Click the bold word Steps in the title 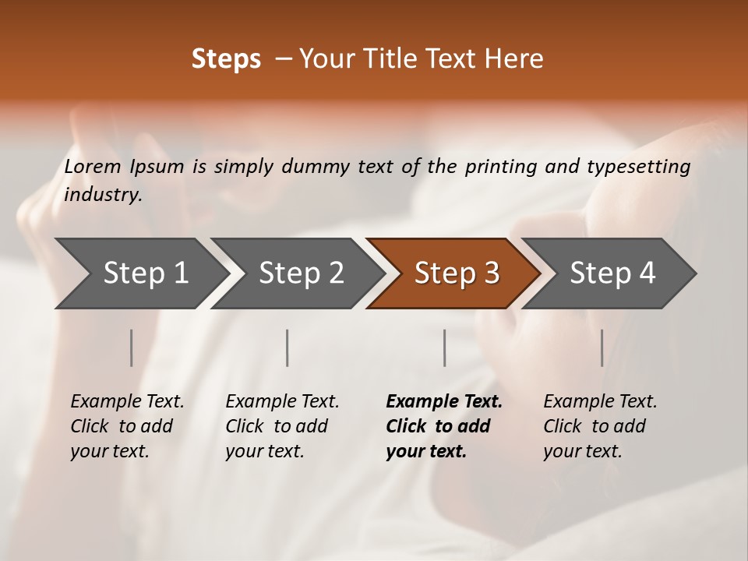click(226, 59)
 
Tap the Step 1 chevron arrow click(140, 273)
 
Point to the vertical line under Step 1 click(131, 348)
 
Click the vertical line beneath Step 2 click(288, 348)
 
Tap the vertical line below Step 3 click(444, 348)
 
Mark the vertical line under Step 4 click(602, 348)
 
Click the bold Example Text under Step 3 click(444, 402)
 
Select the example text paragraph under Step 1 click(126, 426)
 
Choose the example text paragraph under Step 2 click(281, 426)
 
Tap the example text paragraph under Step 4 click(599, 426)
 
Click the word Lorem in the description click(93, 167)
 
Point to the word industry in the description click(103, 195)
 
